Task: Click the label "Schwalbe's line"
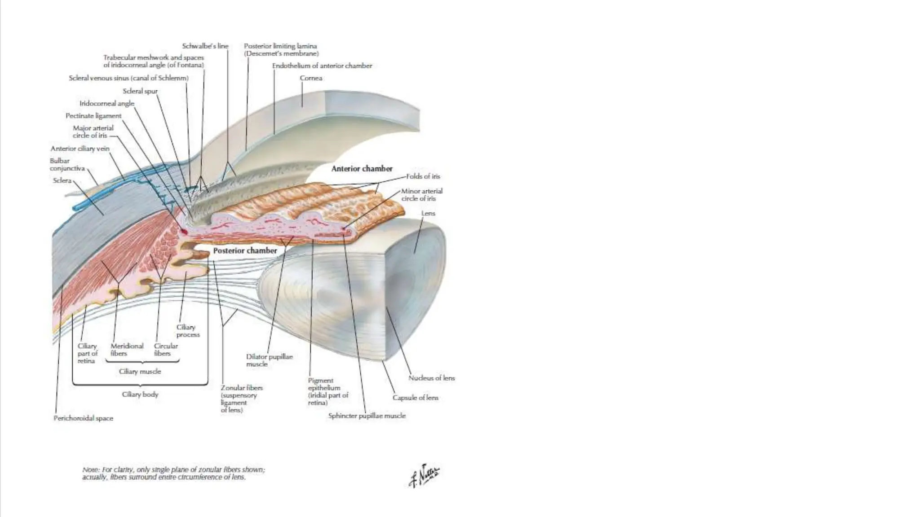coord(205,46)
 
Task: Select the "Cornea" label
coord(311,78)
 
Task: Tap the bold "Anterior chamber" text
coord(362,169)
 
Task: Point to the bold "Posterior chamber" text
coord(245,250)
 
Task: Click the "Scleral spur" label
coord(140,91)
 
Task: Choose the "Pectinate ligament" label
coord(93,116)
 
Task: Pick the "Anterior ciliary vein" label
coord(80,149)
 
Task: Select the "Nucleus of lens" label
coord(431,378)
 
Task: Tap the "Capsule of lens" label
coord(415,398)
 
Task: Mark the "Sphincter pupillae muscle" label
coord(367,416)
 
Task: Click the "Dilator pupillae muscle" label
coord(269,360)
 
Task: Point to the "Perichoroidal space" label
coord(83,418)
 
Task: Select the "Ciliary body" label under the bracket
coord(140,394)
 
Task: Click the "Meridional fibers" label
coord(127,350)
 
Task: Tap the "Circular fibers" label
coord(166,350)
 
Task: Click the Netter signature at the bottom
coord(424,475)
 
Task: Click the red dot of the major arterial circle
coord(184,231)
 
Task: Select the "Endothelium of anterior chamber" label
coord(322,66)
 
